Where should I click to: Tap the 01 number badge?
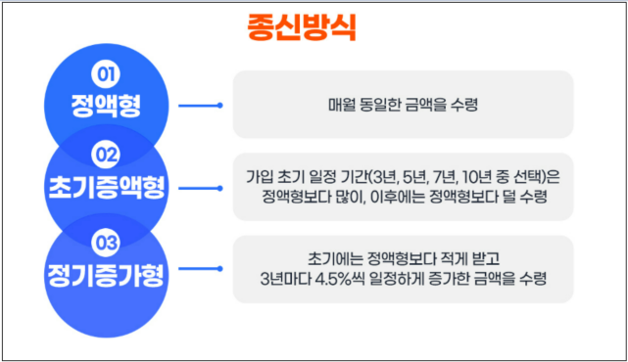[x=105, y=73]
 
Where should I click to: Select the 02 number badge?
[x=105, y=154]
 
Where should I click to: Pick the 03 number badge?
[x=105, y=239]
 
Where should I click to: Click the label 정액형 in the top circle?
[x=105, y=104]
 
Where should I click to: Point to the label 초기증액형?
[x=105, y=186]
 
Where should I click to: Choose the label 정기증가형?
[x=105, y=269]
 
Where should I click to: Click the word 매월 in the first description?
[x=343, y=104]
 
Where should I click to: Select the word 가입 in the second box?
[x=260, y=176]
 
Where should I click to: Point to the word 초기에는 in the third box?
[x=304, y=258]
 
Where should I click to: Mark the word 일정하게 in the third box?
[x=414, y=279]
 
